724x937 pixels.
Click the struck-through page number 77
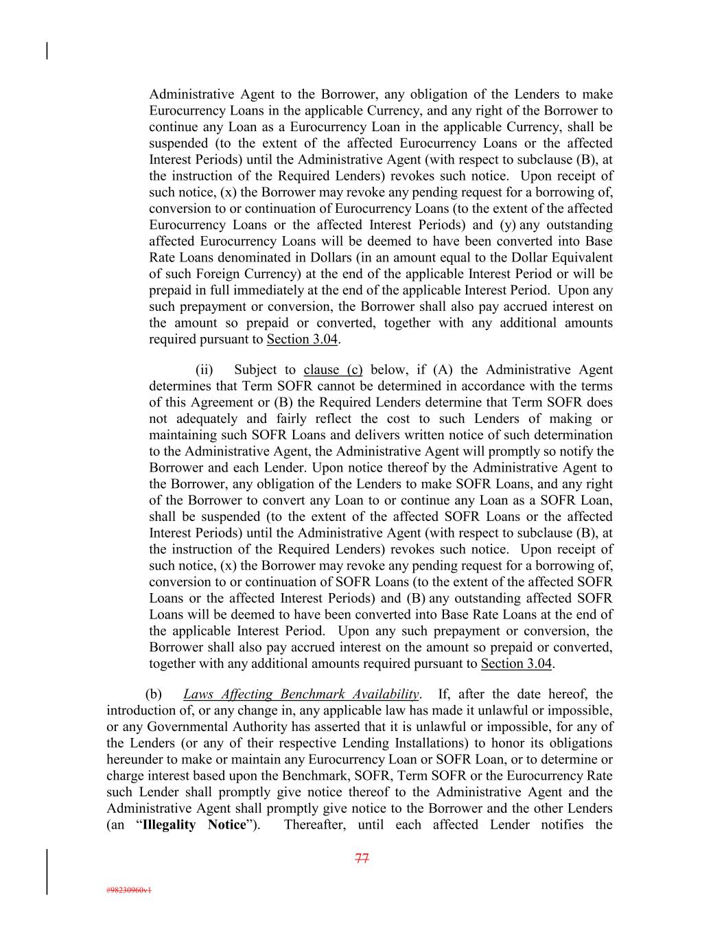point(362,858)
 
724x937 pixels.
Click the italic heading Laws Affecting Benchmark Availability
point(301,695)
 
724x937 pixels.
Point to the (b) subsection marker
point(153,695)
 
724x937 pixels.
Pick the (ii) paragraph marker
point(204,370)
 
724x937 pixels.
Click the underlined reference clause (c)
point(333,370)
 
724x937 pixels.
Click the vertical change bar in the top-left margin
point(47,51)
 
